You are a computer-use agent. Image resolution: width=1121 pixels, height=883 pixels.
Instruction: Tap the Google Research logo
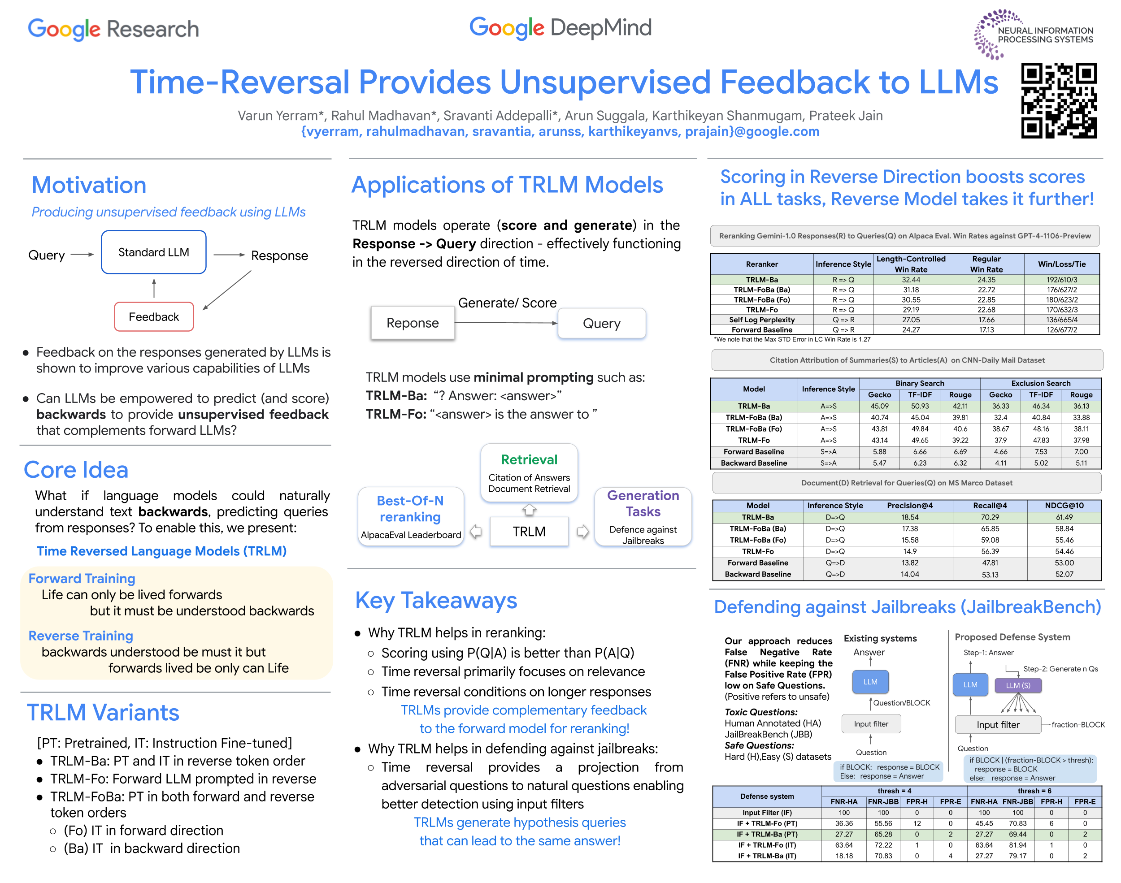pos(113,29)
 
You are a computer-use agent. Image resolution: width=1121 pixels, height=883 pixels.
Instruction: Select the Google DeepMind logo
pos(560,28)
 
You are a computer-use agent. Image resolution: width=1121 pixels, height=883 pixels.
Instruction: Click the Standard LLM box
pos(153,252)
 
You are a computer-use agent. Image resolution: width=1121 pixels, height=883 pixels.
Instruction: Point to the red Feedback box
pos(153,317)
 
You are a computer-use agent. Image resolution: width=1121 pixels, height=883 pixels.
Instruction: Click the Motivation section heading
pos(89,185)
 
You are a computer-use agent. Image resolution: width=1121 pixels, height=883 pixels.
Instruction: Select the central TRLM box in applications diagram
pos(529,532)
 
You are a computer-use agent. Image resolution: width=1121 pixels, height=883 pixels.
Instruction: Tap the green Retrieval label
pos(529,459)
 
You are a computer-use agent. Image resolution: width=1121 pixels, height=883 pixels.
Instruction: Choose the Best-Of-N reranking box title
pos(410,509)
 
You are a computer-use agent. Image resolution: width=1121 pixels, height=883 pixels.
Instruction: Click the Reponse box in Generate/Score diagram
pos(412,323)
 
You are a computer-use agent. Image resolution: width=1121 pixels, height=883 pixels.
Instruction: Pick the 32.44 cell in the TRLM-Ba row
pos(911,280)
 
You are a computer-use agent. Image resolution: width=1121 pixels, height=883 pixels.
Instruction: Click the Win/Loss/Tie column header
pos(1061,264)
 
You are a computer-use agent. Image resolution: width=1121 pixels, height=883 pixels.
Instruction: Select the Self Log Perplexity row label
pos(762,320)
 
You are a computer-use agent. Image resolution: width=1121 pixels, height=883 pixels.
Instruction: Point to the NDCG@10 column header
pos(1064,506)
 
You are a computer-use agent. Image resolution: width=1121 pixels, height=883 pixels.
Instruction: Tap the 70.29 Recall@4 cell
pos(990,517)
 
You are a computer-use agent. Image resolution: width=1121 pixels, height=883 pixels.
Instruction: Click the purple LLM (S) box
pos(1017,685)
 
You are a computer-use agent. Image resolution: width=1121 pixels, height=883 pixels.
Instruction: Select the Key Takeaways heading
pos(436,601)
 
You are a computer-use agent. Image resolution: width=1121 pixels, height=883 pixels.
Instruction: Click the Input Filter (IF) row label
pos(767,812)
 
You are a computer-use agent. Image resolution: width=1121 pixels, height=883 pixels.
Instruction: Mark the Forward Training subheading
pos(82,579)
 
